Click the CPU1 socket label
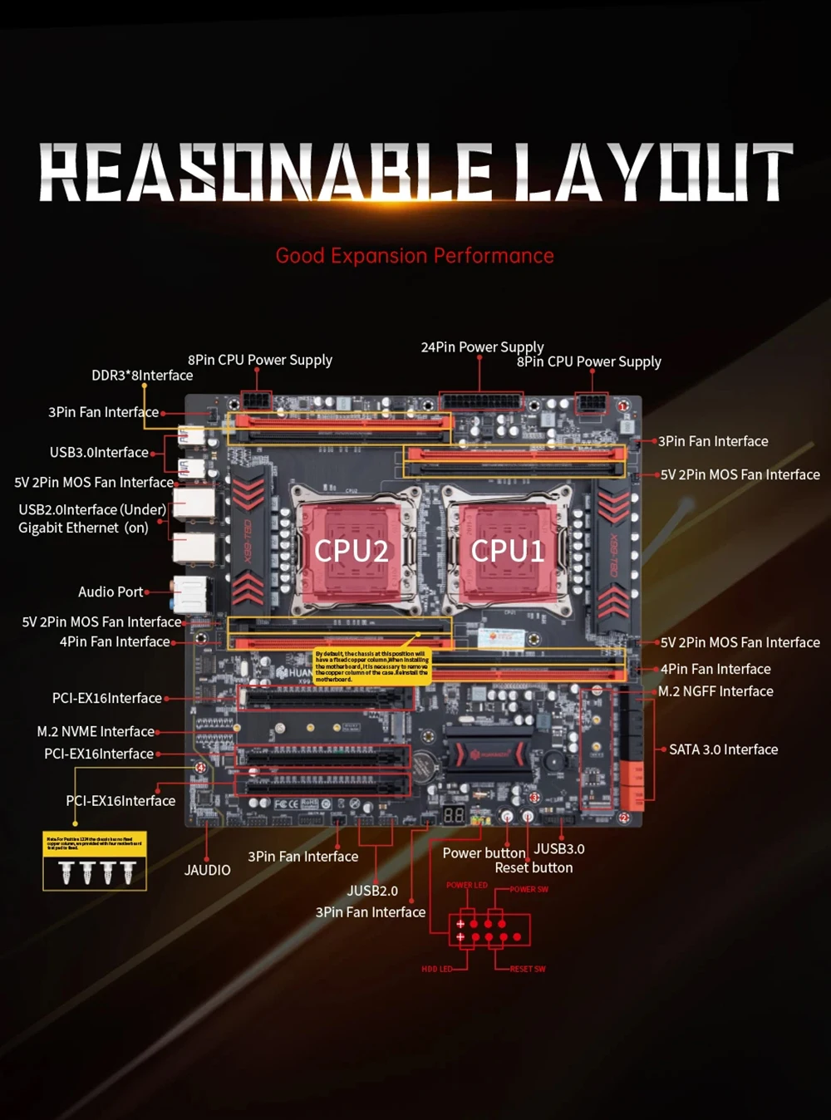[x=507, y=550]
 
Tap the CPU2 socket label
[x=351, y=550]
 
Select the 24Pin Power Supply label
[x=482, y=346]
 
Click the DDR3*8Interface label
[x=142, y=376]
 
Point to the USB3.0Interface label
[x=99, y=453]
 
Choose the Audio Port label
[x=111, y=592]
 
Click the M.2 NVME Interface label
[x=96, y=731]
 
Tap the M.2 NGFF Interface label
[x=715, y=691]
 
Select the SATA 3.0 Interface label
[x=723, y=749]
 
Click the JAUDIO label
[x=207, y=870]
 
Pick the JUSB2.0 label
[x=372, y=891]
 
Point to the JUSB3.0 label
[x=559, y=848]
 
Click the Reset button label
[x=534, y=867]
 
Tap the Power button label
[x=484, y=853]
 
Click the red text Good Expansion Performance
[x=415, y=256]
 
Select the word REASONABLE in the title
[x=266, y=173]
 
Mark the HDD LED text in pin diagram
[x=436, y=969]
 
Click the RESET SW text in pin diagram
[x=528, y=969]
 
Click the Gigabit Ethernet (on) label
[x=83, y=528]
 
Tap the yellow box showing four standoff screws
[x=95, y=862]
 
